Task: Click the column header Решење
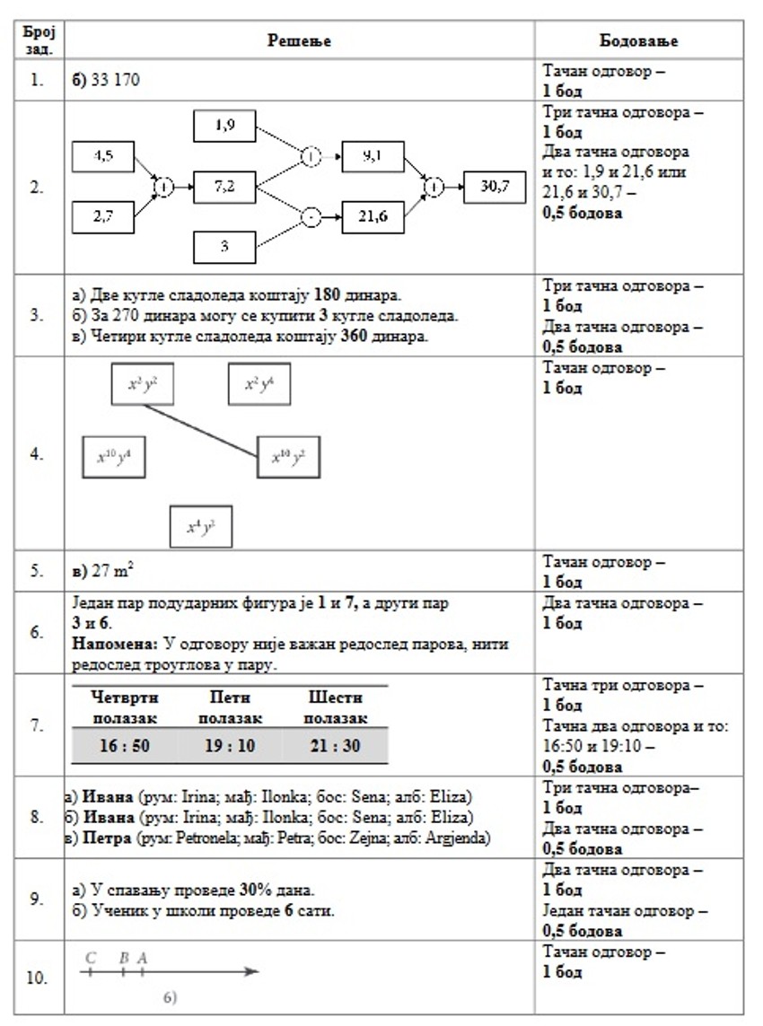300,41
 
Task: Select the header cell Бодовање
638,41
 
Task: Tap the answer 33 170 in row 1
107,80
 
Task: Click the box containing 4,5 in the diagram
103,156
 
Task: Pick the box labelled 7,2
224,187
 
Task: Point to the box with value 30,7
495,187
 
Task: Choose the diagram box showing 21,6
373,218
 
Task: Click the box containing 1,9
224,126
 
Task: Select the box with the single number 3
224,246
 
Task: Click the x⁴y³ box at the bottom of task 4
201,527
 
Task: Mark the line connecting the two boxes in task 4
202,432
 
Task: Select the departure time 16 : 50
125,746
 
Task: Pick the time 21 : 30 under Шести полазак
335,746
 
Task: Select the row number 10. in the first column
36,978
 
